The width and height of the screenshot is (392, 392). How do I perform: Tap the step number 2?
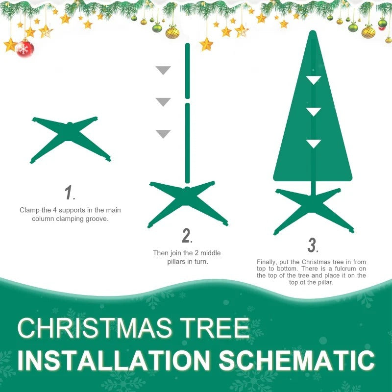[x=187, y=236]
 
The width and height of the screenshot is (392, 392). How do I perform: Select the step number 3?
[x=313, y=245]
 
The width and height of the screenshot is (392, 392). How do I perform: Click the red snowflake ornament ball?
[x=24, y=49]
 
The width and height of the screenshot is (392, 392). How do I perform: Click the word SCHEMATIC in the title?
[x=297, y=360]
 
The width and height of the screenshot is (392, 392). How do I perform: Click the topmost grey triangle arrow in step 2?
[x=163, y=71]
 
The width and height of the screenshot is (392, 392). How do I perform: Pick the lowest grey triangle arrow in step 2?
[x=163, y=134]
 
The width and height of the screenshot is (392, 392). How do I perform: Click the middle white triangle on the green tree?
[x=314, y=112]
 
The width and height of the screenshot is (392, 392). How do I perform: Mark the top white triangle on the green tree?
[x=314, y=80]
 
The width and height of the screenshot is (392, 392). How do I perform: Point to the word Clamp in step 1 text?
[x=29, y=210]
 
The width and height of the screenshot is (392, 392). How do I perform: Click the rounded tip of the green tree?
[x=313, y=34]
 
